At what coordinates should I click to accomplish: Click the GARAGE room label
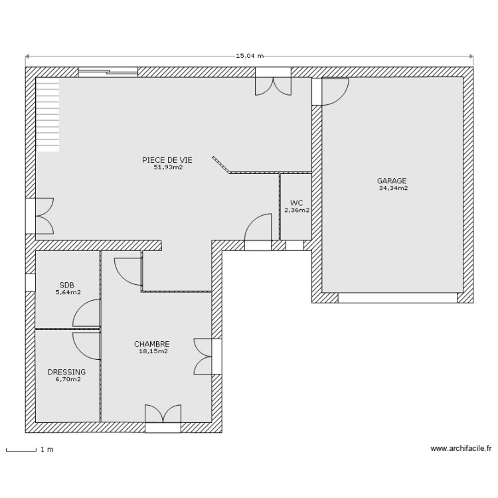[392, 181]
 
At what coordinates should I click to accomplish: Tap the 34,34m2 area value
[393, 189]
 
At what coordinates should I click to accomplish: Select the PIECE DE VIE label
[167, 160]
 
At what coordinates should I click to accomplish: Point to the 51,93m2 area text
[167, 168]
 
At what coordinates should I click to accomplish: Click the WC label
[296, 203]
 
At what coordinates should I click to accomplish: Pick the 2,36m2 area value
[297, 210]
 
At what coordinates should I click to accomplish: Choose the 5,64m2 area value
[68, 292]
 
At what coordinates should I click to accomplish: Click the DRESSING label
[66, 372]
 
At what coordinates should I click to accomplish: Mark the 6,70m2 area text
[67, 380]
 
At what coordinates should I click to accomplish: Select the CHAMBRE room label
[151, 344]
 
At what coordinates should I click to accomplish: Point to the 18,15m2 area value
[152, 352]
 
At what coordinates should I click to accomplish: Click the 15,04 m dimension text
[250, 56]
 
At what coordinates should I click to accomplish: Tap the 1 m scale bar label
[46, 450]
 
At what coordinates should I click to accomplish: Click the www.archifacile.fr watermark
[461, 449]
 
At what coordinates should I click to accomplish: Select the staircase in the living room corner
[48, 114]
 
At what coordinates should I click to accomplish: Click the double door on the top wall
[273, 84]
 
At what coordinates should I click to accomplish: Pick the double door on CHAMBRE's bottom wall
[163, 415]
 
